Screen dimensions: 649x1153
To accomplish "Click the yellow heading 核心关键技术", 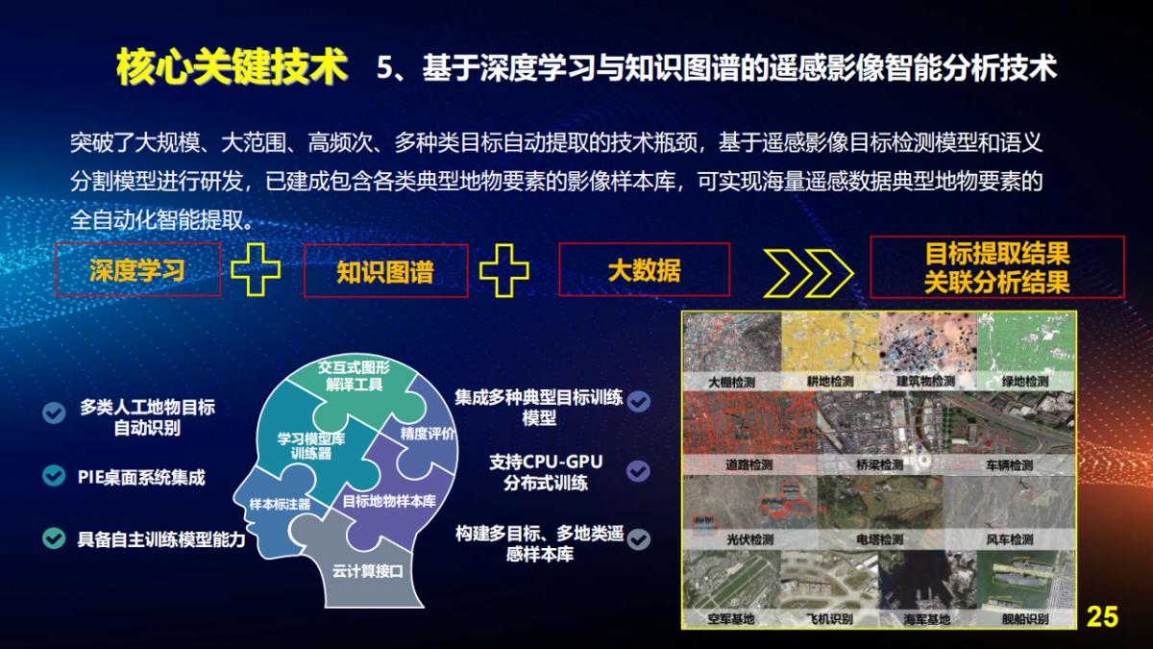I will (231, 67).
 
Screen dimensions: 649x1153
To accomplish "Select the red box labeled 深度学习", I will (137, 269).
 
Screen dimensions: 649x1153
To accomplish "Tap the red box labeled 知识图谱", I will (385, 271).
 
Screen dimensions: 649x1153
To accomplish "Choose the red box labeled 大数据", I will (644, 269).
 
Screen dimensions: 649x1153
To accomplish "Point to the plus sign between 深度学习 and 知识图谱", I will (256, 270).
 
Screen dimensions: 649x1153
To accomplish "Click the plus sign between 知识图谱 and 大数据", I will (503, 270).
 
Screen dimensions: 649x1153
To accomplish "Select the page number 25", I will (1102, 616).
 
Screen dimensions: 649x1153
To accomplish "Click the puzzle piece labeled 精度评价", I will (428, 435).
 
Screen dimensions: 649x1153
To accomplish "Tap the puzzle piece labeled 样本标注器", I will (279, 504).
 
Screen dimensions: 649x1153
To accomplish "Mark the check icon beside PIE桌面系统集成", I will (54, 476).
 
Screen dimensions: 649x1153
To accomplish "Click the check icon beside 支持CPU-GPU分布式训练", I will (638, 471).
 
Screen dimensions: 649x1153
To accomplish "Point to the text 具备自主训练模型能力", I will (161, 539).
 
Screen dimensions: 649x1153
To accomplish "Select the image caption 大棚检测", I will (731, 382).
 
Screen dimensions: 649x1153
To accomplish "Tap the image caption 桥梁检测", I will (878, 464).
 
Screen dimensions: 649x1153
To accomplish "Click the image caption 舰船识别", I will (1023, 618).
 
